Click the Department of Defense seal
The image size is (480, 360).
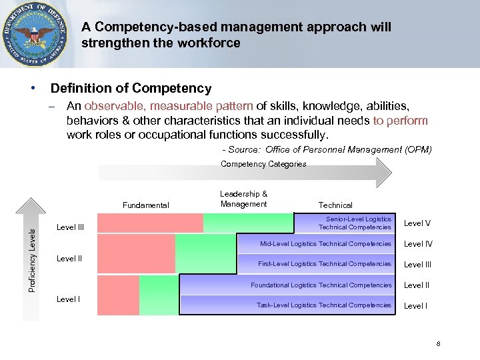click(35, 35)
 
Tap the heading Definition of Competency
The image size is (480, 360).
click(131, 88)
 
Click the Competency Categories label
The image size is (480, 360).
click(263, 164)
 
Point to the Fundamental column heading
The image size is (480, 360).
click(146, 205)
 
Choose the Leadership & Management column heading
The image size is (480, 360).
click(243, 199)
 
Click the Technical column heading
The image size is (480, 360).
click(335, 205)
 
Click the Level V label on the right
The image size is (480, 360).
click(417, 223)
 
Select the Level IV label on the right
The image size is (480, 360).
click(418, 244)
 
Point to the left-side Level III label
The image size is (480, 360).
click(71, 227)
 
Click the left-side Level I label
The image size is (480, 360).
click(68, 299)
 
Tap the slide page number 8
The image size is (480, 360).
click(438, 344)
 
